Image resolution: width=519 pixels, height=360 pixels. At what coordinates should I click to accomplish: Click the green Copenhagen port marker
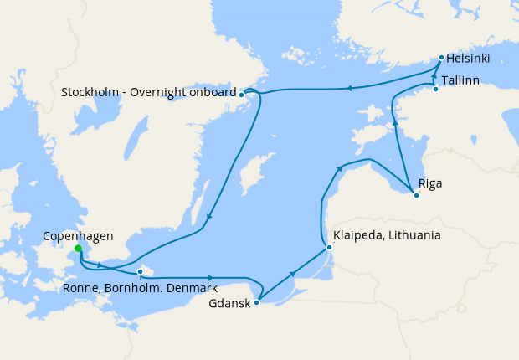[78, 249]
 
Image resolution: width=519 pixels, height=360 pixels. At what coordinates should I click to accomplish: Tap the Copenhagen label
[77, 236]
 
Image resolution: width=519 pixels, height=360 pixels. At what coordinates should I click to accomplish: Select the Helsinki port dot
[441, 58]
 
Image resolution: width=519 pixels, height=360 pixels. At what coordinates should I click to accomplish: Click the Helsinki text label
[468, 59]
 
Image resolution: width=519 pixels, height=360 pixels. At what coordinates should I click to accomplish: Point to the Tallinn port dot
[435, 88]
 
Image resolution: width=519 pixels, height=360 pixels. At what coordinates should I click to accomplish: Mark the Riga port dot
[416, 196]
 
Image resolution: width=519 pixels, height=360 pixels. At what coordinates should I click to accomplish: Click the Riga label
[430, 183]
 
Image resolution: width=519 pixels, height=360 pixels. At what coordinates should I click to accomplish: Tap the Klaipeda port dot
[329, 247]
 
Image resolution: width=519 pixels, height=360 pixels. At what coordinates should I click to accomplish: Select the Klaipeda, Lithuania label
[386, 235]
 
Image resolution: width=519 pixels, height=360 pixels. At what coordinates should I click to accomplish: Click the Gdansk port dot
[256, 302]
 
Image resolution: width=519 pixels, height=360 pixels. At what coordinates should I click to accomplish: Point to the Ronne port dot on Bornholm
[140, 271]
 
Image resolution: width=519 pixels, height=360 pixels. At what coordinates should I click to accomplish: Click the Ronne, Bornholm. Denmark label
[141, 288]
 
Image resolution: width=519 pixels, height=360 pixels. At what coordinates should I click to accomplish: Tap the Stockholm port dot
[241, 95]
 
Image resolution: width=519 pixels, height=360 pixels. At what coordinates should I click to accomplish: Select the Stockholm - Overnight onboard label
[148, 91]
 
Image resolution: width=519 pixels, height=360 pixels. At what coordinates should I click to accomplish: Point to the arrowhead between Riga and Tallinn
[394, 123]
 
